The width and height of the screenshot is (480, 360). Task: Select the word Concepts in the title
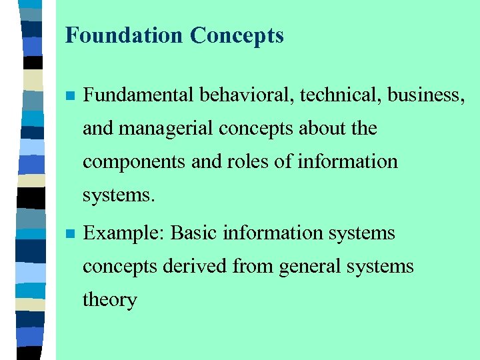(237, 35)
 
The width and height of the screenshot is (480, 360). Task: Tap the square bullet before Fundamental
(68, 96)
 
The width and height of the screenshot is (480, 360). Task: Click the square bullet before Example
(68, 234)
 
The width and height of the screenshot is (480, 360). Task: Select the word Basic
(193, 233)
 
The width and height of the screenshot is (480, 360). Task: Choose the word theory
(109, 300)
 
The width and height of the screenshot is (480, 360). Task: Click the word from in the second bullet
(253, 266)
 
